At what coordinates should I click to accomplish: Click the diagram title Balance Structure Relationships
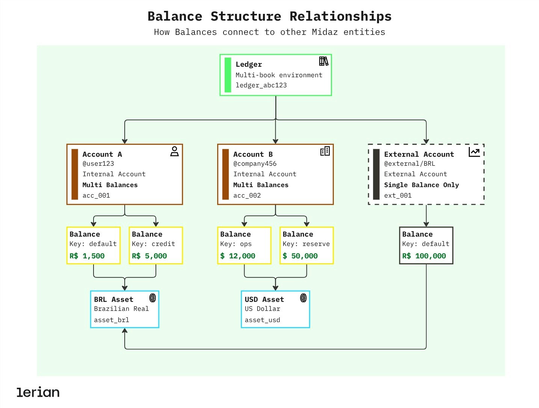[x=269, y=16]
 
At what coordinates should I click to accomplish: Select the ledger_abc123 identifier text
[x=261, y=85]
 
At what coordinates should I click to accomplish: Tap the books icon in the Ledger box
[x=323, y=61]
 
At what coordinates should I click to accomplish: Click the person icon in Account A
[x=174, y=151]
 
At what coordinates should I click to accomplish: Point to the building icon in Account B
[x=325, y=151]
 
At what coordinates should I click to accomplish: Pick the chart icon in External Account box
[x=474, y=152]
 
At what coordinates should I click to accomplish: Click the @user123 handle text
[x=98, y=163]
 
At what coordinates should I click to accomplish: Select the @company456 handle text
[x=255, y=163]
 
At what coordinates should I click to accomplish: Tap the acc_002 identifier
[x=247, y=195]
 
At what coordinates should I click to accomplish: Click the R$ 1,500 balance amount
[x=87, y=256]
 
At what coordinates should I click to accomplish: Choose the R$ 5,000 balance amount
[x=149, y=256]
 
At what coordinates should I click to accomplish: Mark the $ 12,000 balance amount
[x=237, y=256]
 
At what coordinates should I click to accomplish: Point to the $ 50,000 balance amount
[x=300, y=256]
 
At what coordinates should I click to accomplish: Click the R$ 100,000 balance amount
[x=424, y=256]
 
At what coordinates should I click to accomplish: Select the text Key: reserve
[x=306, y=244]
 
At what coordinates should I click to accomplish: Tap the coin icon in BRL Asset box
[x=152, y=298]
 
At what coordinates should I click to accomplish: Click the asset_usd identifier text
[x=262, y=320]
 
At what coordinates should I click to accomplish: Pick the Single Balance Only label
[x=421, y=185]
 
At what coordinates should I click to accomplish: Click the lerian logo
[x=38, y=392]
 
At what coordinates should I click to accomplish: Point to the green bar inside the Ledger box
[x=228, y=75]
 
